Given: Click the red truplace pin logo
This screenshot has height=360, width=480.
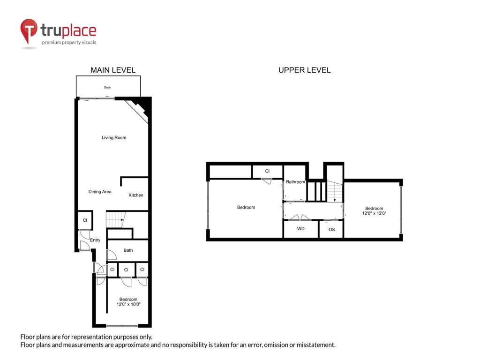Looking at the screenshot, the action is pyautogui.click(x=29, y=30).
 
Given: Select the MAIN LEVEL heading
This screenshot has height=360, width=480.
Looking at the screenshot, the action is pyautogui.click(x=113, y=70).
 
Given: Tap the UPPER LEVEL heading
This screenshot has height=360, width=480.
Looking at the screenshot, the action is pyautogui.click(x=305, y=70).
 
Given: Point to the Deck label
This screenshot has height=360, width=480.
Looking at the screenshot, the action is pyautogui.click(x=107, y=87).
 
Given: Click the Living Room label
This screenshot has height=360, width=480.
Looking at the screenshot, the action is pyautogui.click(x=114, y=138).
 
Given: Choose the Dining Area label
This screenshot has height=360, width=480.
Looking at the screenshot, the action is pyautogui.click(x=100, y=192).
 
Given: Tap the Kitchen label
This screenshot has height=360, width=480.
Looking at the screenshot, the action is pyautogui.click(x=136, y=195).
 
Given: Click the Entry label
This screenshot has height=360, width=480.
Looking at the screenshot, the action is pyautogui.click(x=95, y=240).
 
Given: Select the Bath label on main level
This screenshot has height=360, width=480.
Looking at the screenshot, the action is pyautogui.click(x=128, y=250).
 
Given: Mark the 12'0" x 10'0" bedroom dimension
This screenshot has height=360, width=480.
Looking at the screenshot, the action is pyautogui.click(x=128, y=304).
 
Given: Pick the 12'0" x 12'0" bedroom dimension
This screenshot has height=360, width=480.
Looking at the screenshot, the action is pyautogui.click(x=374, y=213).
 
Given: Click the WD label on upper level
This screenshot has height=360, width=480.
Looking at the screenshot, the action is pyautogui.click(x=300, y=229).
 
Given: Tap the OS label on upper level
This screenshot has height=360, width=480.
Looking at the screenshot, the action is pyautogui.click(x=331, y=230).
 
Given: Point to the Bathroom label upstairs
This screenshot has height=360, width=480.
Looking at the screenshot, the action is pyautogui.click(x=296, y=182).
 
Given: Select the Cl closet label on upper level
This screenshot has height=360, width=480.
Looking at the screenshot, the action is pyautogui.click(x=267, y=171).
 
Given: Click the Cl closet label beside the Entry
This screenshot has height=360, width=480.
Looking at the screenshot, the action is pyautogui.click(x=85, y=220).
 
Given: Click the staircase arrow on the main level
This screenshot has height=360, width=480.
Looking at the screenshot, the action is pyautogui.click(x=122, y=219).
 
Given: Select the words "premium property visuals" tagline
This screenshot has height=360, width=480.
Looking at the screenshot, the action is pyautogui.click(x=69, y=43).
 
